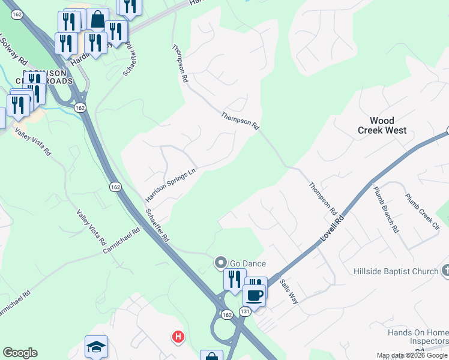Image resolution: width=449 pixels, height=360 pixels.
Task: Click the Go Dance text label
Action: click(247, 263)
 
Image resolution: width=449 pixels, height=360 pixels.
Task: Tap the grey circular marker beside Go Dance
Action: click(221, 262)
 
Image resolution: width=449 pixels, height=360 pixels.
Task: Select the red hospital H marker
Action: click(178, 337)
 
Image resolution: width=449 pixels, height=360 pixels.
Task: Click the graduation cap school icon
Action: click(96, 347)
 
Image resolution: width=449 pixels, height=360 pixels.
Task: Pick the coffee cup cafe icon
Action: click(255, 295)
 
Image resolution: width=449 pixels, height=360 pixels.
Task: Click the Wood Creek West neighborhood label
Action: click(382, 125)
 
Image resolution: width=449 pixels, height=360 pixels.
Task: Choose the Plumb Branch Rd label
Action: click(385, 209)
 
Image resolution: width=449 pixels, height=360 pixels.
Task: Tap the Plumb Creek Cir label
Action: click(421, 211)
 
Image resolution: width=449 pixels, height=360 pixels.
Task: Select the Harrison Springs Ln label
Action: click(171, 185)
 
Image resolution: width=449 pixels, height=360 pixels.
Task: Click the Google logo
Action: click(20, 353)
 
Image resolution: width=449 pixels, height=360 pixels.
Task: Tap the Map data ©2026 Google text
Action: click(412, 356)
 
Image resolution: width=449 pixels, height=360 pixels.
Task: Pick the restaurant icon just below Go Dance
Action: click(234, 279)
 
